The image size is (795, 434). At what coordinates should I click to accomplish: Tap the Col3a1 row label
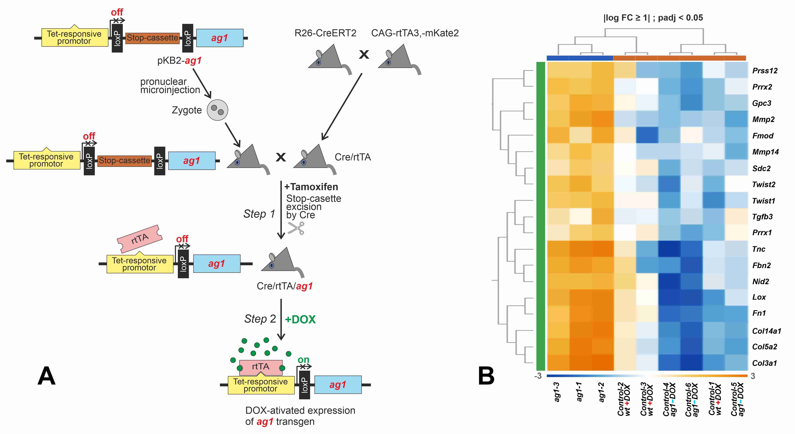click(x=764, y=363)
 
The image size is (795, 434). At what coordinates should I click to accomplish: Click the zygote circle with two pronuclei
click(x=217, y=110)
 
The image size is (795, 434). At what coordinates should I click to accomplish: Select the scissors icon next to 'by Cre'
click(x=296, y=229)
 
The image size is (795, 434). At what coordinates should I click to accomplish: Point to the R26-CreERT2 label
click(x=325, y=33)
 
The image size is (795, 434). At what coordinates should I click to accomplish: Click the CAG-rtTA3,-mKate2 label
click(x=415, y=33)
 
